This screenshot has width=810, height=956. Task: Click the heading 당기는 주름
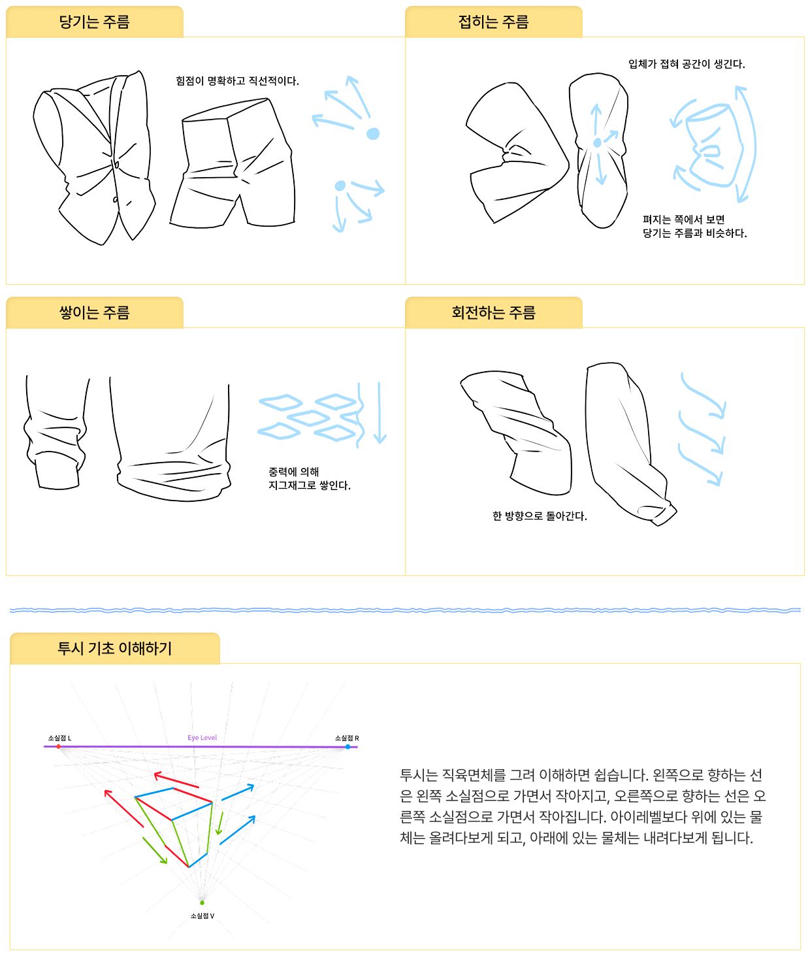pos(94,22)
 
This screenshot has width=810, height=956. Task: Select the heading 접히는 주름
pos(493,22)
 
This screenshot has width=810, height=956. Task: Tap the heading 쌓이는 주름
pos(94,312)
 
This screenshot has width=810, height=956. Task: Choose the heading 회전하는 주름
pos(493,312)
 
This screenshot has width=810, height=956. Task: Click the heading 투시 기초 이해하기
pos(115,648)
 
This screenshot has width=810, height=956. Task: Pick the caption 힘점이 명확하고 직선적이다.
pos(237,81)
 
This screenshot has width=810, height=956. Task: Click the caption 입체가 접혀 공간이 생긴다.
pos(687,64)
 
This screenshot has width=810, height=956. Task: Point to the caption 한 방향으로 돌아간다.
pos(540,516)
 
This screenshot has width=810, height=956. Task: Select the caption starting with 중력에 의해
pos(309,479)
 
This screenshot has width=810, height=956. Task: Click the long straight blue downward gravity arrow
pos(380,412)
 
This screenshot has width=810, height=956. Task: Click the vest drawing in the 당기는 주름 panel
pos(94,157)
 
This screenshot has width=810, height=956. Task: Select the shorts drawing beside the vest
pos(233,163)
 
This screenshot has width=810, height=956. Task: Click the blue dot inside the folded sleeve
pos(597,142)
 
